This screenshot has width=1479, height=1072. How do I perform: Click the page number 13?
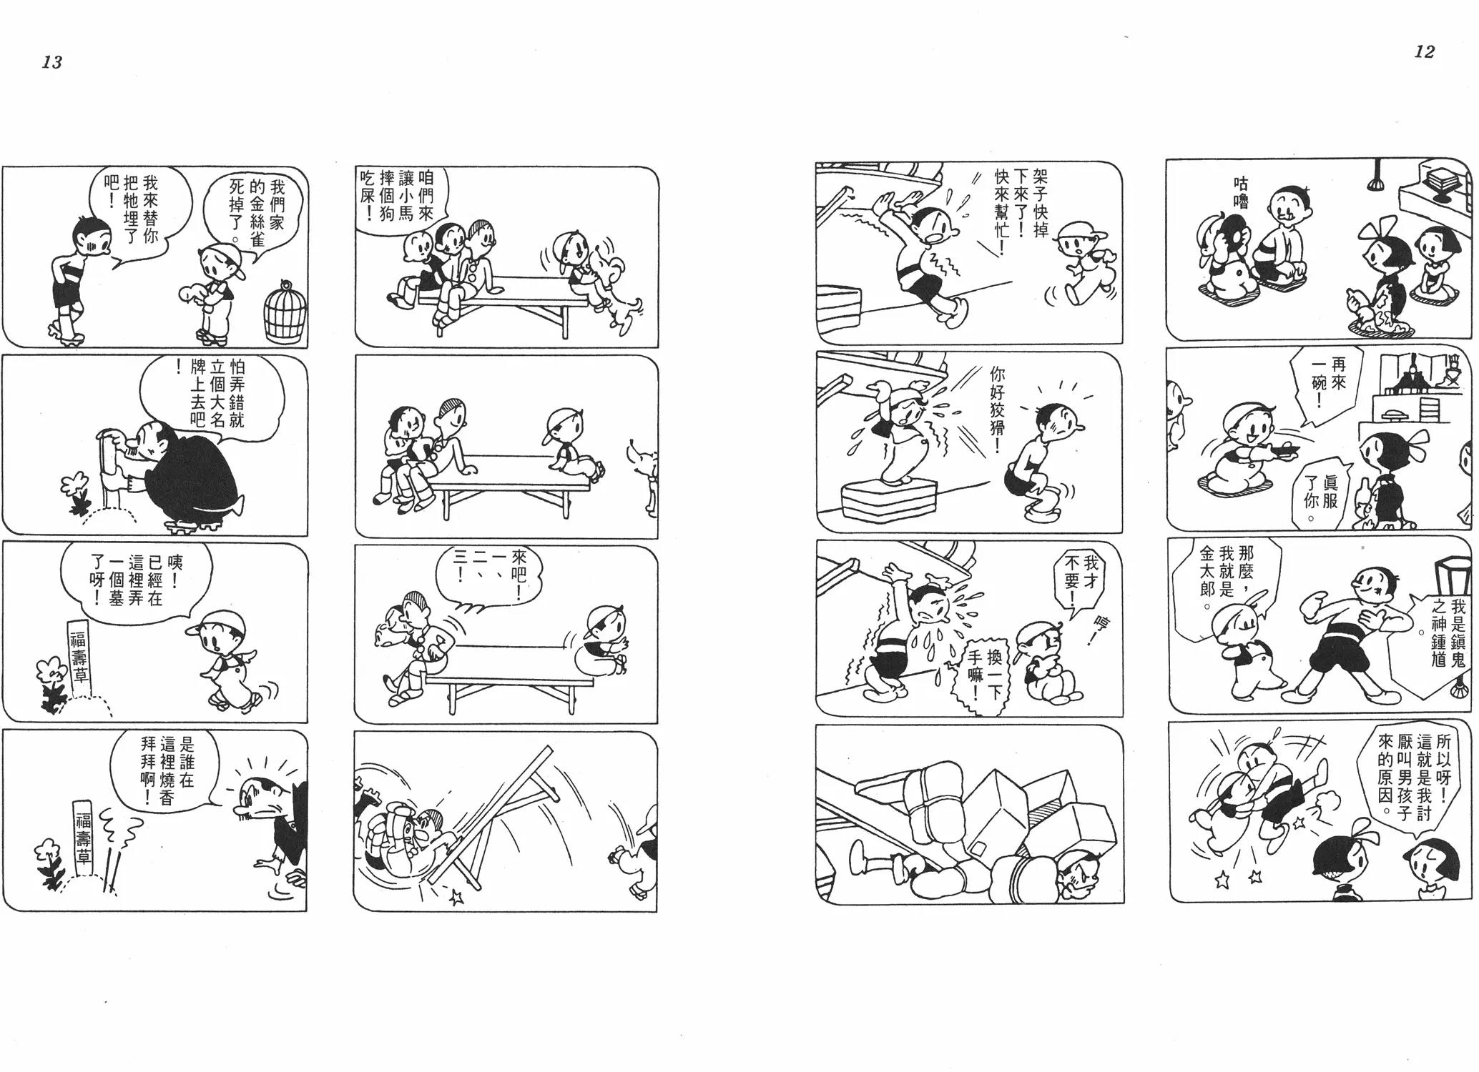(52, 62)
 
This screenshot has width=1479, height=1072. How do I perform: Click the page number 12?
(1425, 51)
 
